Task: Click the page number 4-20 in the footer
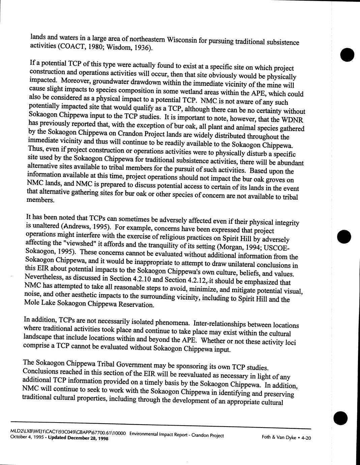pyautogui.click(x=305, y=438)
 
